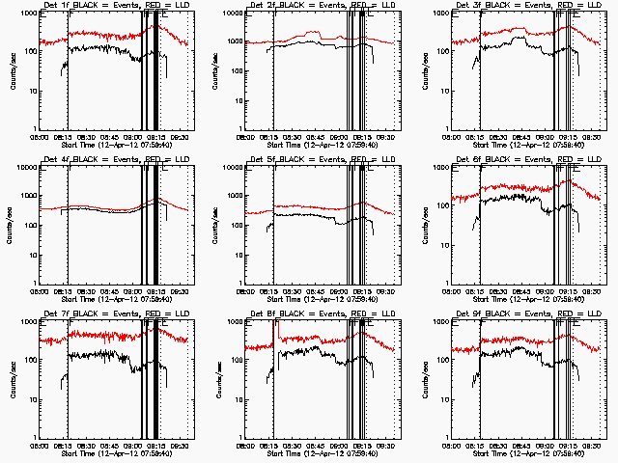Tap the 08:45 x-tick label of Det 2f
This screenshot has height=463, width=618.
point(316,138)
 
